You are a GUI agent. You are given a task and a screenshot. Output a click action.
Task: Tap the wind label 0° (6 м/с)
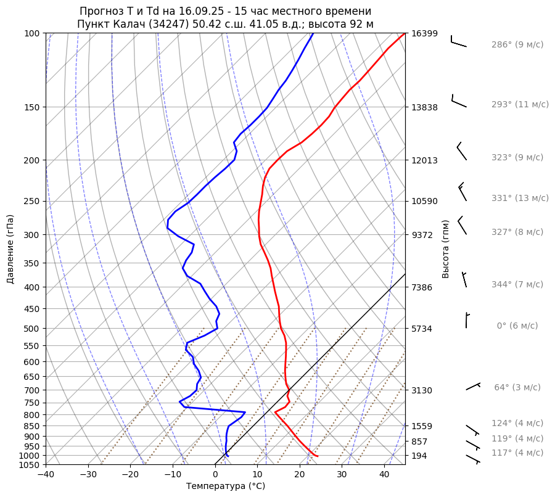(x=517, y=326)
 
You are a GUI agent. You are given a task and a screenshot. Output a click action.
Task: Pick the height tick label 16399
(x=424, y=33)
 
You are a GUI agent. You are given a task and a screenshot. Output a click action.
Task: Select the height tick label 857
(x=419, y=442)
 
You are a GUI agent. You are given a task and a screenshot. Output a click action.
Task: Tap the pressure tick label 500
(x=33, y=329)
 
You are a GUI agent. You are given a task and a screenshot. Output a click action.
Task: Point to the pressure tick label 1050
(x=30, y=465)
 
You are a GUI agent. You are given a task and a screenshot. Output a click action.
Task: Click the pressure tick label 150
(x=33, y=107)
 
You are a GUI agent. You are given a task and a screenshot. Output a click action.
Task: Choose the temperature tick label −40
(x=46, y=475)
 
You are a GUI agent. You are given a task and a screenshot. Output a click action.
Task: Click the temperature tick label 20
(x=299, y=475)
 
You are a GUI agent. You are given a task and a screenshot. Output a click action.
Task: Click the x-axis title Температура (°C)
(x=225, y=487)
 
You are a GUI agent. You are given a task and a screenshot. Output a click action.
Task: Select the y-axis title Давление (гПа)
(x=10, y=249)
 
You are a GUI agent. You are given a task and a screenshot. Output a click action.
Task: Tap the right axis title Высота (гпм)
(x=445, y=248)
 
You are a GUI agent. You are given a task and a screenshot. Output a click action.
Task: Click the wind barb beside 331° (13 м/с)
(x=462, y=192)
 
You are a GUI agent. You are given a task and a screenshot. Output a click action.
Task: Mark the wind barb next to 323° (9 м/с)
(x=462, y=152)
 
